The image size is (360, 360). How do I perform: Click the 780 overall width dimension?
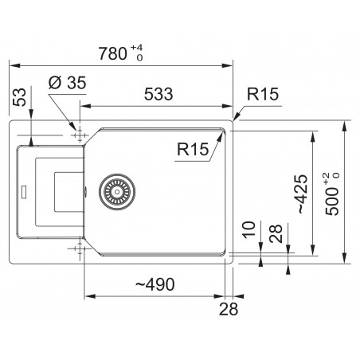(x=112, y=53)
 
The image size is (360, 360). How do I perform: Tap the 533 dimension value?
(x=158, y=94)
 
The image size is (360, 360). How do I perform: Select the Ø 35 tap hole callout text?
(x=68, y=83)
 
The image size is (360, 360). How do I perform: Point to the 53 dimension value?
(x=20, y=97)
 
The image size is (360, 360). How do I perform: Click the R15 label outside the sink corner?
(x=263, y=94)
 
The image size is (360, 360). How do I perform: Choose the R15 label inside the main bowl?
(x=193, y=149)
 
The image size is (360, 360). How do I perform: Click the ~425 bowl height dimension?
(x=303, y=194)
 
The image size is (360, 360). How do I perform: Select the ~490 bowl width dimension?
(x=155, y=284)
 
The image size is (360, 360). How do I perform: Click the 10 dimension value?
(x=248, y=230)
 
